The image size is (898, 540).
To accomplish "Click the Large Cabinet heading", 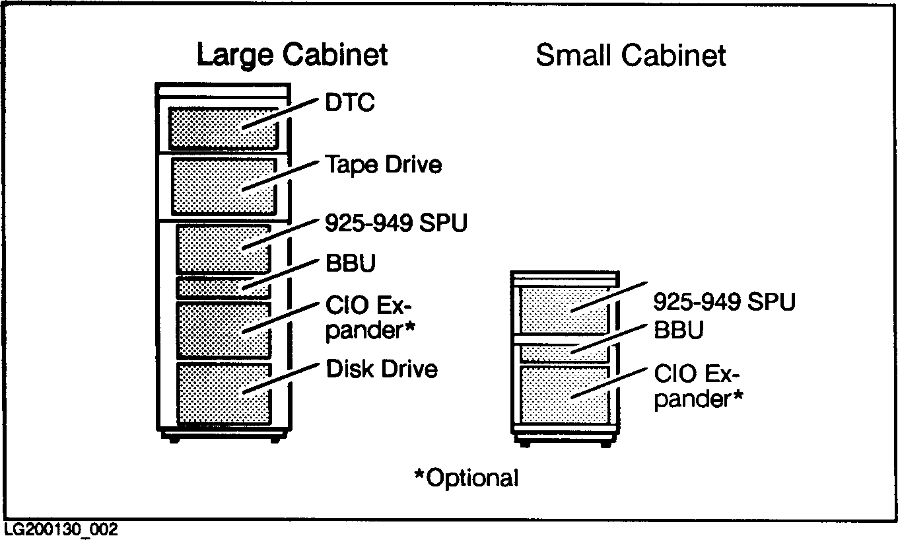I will point(292,55).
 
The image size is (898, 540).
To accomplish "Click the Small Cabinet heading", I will point(631,56).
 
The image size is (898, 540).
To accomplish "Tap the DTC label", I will point(349,103).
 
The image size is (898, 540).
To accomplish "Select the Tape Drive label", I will point(383,165).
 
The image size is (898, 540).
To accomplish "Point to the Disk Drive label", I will point(382,369).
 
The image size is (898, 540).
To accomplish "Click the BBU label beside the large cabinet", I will point(351,264).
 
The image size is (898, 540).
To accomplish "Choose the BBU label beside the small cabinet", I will point(678,329).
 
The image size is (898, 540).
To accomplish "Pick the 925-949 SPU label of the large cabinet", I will point(396,223).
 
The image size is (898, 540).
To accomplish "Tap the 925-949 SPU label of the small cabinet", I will point(724,302).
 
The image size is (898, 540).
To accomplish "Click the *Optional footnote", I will point(466,477).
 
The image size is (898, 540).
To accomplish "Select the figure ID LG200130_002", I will point(61,530).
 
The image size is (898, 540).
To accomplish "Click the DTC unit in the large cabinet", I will point(223,128).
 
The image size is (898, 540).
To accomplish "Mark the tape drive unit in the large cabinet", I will point(223,186).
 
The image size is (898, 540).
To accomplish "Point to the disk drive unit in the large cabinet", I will point(223,393).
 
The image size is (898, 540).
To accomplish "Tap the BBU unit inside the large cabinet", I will point(223,288).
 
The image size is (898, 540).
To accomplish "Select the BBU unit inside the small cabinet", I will point(563,352).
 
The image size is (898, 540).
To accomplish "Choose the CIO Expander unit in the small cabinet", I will point(563,395).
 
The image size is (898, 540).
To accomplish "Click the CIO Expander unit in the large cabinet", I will point(223,330).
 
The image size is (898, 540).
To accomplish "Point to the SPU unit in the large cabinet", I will point(223,249).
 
